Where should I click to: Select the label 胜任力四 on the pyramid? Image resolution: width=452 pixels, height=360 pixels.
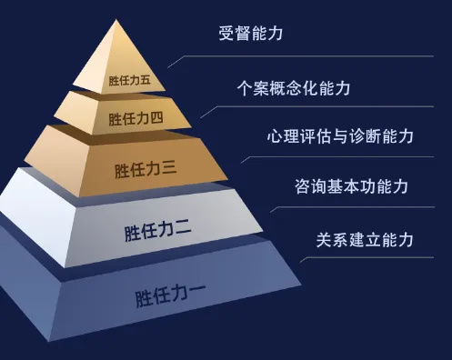(x=136, y=118)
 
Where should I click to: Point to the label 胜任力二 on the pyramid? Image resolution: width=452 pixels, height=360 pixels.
(x=157, y=231)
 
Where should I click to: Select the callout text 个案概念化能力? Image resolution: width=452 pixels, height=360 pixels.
(x=293, y=89)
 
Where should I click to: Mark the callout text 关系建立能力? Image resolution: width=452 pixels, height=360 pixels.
(x=365, y=240)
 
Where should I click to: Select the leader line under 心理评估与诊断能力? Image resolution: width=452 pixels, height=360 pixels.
(x=355, y=156)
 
